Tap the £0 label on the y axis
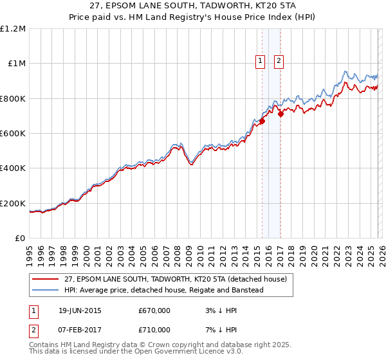click(20, 239)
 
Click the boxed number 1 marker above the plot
click(261, 62)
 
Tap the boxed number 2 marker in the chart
click(279, 62)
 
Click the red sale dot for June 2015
click(262, 121)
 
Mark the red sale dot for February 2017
click(280, 114)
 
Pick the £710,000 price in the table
click(154, 330)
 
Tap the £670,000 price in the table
click(154, 310)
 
